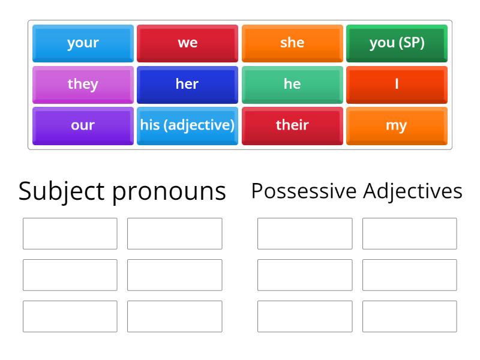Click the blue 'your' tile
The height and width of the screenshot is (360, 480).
[x=83, y=43]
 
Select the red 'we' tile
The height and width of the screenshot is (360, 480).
[x=187, y=43]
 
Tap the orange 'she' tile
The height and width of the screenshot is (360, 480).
[x=292, y=43]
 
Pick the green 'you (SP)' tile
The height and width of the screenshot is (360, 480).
[x=397, y=43]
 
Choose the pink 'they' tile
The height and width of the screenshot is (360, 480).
[x=83, y=85]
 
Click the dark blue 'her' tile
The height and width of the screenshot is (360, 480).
[x=187, y=85]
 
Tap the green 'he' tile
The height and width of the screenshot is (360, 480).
[x=292, y=85]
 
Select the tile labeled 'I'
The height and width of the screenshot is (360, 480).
[x=397, y=85]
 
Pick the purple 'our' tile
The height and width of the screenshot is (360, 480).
[x=83, y=126]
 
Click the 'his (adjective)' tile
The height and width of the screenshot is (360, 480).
[x=187, y=126]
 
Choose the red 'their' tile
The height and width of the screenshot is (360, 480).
[x=292, y=126]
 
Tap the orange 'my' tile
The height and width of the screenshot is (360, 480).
[x=397, y=126]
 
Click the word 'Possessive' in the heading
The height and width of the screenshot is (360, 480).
[x=304, y=191]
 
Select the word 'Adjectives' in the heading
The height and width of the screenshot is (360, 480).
[x=413, y=192]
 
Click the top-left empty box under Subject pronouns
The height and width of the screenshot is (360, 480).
[x=70, y=233]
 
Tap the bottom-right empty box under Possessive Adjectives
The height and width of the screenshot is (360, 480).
[x=409, y=316]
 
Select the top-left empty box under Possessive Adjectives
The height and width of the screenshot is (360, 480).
[x=305, y=233]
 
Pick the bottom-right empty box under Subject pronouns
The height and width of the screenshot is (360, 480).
[x=175, y=316]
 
